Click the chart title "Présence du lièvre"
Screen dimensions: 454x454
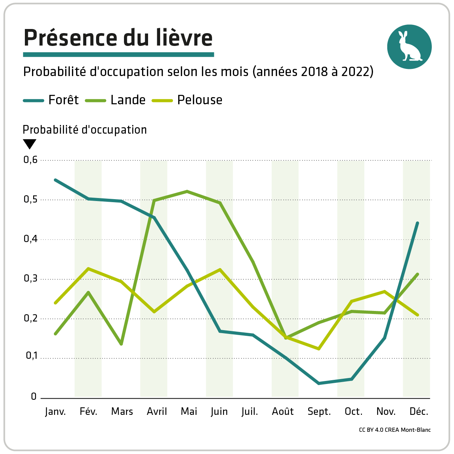[x=118, y=38]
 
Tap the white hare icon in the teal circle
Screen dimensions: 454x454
[x=409, y=47]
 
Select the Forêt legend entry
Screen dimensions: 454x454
[x=51, y=100]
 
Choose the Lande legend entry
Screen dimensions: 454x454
[x=116, y=100]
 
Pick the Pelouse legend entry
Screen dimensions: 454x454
[x=187, y=100]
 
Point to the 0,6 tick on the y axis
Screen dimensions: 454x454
[x=31, y=160]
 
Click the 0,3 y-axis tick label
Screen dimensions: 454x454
[x=31, y=279]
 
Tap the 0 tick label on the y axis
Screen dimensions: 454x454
[x=34, y=397]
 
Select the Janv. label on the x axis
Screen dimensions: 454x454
[x=55, y=412]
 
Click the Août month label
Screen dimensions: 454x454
[x=283, y=412]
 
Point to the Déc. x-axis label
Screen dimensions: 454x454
[x=419, y=412]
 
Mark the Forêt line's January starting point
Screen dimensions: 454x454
[x=55, y=180]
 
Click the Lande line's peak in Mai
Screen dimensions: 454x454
[x=187, y=191]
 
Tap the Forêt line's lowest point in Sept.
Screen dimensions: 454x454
[x=319, y=383]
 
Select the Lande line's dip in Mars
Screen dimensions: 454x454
[x=121, y=344]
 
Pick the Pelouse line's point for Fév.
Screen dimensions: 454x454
[x=88, y=268]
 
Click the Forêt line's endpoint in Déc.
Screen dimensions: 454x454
[x=417, y=223]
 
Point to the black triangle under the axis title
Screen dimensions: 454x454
[x=30, y=144]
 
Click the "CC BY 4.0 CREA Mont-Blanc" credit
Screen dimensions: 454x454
[x=394, y=430]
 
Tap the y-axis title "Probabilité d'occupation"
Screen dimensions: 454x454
[x=85, y=130]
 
